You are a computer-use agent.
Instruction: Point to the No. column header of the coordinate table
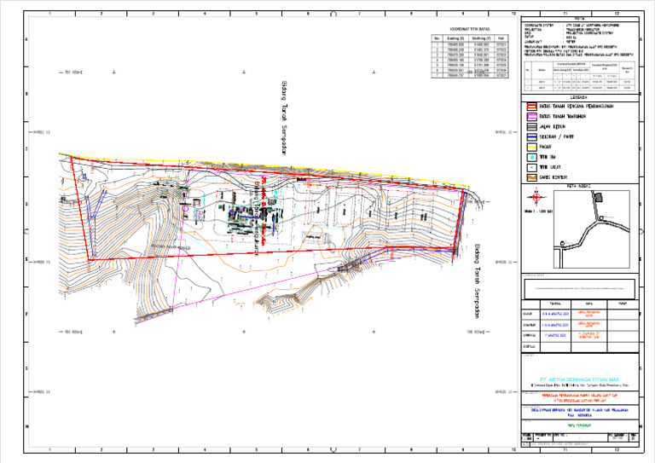(437, 38)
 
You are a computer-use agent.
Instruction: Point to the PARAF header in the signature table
(622, 303)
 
